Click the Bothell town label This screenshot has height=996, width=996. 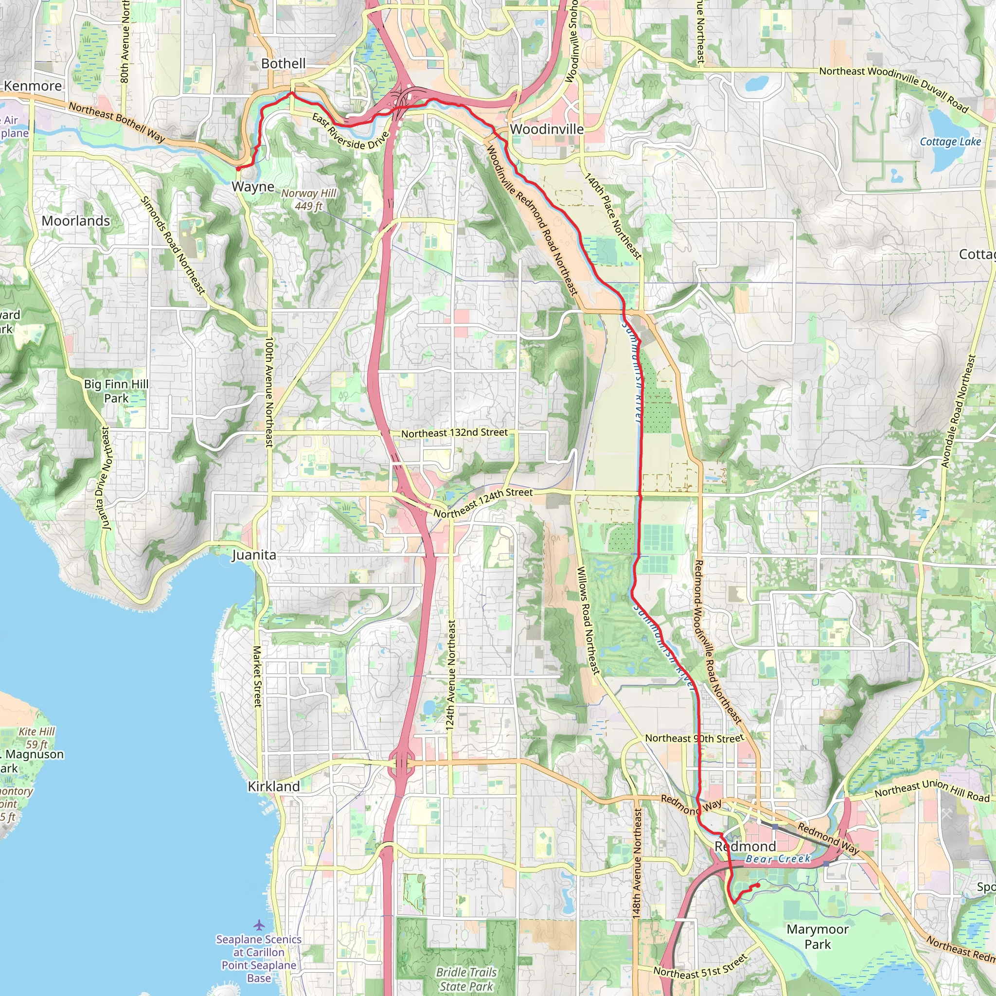pos(283,63)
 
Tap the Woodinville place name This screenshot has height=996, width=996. pos(547,129)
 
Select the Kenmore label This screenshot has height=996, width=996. pos(33,86)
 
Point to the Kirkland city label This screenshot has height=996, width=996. pos(274,786)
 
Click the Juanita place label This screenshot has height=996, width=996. pos(254,555)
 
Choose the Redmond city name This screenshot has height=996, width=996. pos(745,846)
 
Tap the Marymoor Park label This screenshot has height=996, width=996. pos(817,937)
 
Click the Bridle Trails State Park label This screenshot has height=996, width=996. pos(466,978)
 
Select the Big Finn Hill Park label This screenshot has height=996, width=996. pos(116,391)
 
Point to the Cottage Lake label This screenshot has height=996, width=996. pos(950,142)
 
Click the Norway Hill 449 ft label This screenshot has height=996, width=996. pos(308,199)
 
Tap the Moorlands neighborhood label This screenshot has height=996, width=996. pos(76,221)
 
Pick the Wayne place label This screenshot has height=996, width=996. pos(252,187)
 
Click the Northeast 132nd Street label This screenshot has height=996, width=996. pos(454,433)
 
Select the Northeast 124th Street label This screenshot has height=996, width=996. pos(482,503)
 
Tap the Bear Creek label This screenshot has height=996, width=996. pos(778,859)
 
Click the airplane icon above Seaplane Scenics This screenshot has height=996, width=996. pos(259,925)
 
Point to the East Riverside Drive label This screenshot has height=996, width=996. pos(350,131)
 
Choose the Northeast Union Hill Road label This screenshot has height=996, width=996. pos(932,790)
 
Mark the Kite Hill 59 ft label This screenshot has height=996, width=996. pos(36,738)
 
